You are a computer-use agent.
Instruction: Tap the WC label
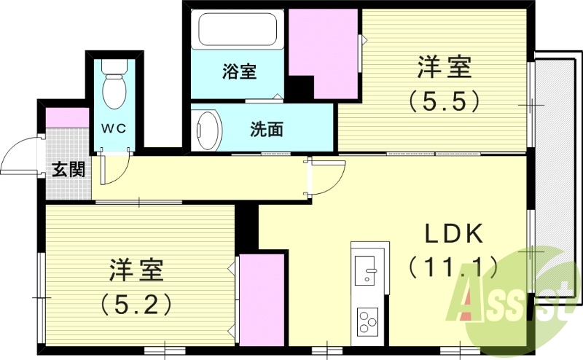114,128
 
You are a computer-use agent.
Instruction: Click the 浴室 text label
239,71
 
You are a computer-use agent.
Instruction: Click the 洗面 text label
266,130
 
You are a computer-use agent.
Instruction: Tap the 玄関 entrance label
69,171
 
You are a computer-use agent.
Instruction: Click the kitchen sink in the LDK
365,268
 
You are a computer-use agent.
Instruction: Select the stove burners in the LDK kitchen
366,321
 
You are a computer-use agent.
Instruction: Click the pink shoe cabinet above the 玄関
66,117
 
